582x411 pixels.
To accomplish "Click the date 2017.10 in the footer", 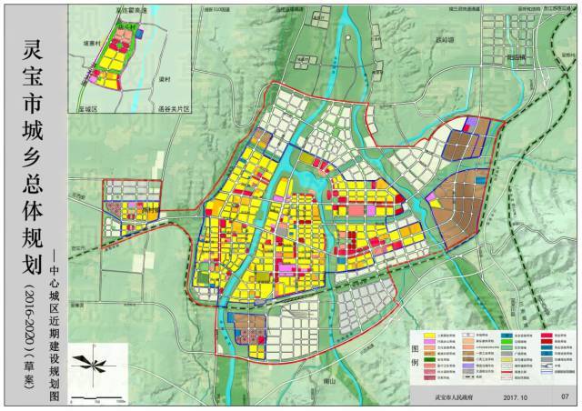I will [517, 396].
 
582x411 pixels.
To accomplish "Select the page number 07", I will [565, 396].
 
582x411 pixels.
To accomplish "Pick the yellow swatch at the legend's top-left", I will [432, 336].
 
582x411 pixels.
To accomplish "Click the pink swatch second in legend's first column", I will [432, 343].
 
